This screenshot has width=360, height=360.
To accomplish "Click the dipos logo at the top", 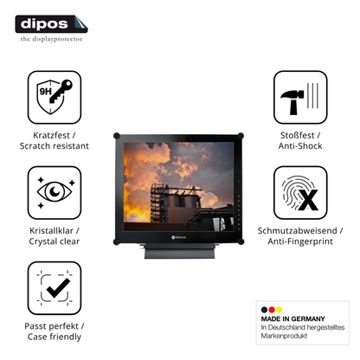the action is click(x=51, y=24).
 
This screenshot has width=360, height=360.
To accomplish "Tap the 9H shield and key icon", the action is click(x=55, y=97).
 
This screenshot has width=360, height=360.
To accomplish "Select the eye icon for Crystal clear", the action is click(x=55, y=193).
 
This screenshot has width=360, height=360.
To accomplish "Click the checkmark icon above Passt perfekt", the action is click(x=55, y=288).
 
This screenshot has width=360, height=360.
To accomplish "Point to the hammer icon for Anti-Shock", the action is click(x=300, y=97).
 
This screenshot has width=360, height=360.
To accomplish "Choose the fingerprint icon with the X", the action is click(x=300, y=193).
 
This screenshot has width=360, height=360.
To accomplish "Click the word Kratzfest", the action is click(x=51, y=135).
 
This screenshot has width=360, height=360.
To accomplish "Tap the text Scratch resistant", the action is click(x=55, y=146).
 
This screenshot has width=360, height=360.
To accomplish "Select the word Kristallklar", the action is click(x=51, y=231).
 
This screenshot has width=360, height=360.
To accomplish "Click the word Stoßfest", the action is click(x=298, y=135).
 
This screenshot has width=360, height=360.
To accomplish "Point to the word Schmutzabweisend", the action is click(x=298, y=231).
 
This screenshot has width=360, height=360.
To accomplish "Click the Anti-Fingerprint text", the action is click(x=300, y=241).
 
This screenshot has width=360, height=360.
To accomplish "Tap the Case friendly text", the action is click(x=55, y=337).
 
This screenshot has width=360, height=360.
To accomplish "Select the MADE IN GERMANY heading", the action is click(x=293, y=318).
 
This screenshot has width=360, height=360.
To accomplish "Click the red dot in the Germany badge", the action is click(x=272, y=310).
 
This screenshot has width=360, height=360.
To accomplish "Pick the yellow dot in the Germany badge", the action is click(x=279, y=310).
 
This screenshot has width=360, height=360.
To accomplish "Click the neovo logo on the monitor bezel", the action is click(x=179, y=237).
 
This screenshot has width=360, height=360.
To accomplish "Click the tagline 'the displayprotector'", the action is click(x=51, y=39).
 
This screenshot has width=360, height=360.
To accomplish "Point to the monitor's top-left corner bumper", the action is click(x=117, y=136).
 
